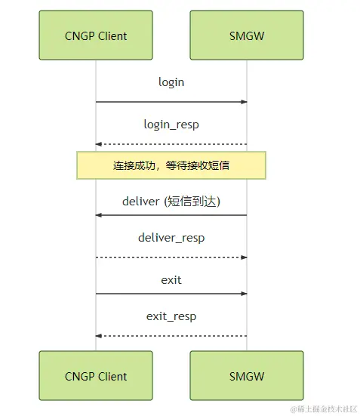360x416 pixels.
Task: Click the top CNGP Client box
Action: coord(96,35)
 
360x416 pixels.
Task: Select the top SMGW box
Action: coord(247,35)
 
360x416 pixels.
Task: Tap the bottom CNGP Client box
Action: coord(96,375)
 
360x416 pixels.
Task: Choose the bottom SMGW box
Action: coord(247,375)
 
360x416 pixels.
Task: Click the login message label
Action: coord(171,82)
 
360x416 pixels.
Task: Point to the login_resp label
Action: coord(171,125)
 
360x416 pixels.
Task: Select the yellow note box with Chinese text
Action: coord(171,165)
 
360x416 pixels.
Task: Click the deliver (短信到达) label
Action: coord(171,201)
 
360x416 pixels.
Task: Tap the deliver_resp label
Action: coord(171,238)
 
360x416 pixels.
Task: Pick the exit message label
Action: coord(171,280)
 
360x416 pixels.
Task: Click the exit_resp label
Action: coord(171,316)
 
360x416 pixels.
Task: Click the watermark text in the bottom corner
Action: coord(324,409)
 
